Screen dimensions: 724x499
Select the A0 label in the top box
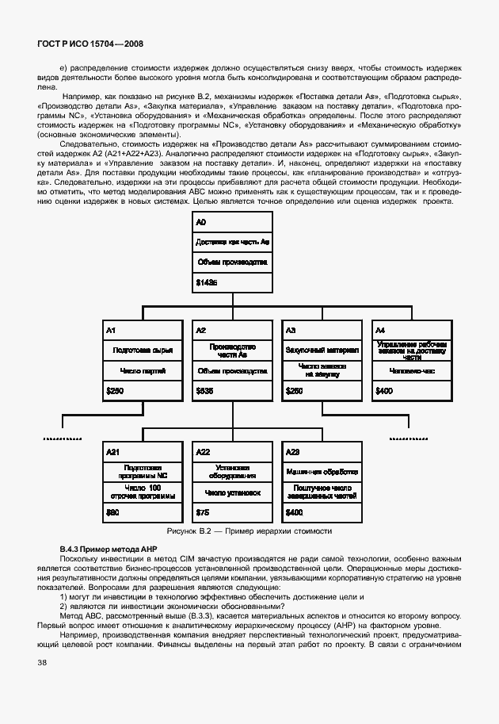pyautogui.click(x=200, y=224)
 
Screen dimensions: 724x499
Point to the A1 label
pyautogui.click(x=111, y=329)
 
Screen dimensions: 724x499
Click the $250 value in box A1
pyautogui.click(x=115, y=390)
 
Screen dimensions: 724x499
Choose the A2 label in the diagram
pyautogui.click(x=200, y=329)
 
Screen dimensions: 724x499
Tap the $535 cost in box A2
pyautogui.click(x=204, y=390)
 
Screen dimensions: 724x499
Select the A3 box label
pyautogui.click(x=290, y=329)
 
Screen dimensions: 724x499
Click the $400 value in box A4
pyautogui.click(x=383, y=390)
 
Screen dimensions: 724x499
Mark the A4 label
pyautogui.click(x=379, y=329)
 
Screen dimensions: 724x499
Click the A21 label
pyautogui.click(x=112, y=451)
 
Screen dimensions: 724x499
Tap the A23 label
pyautogui.click(x=292, y=451)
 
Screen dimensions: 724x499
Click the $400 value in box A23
pyautogui.click(x=294, y=513)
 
